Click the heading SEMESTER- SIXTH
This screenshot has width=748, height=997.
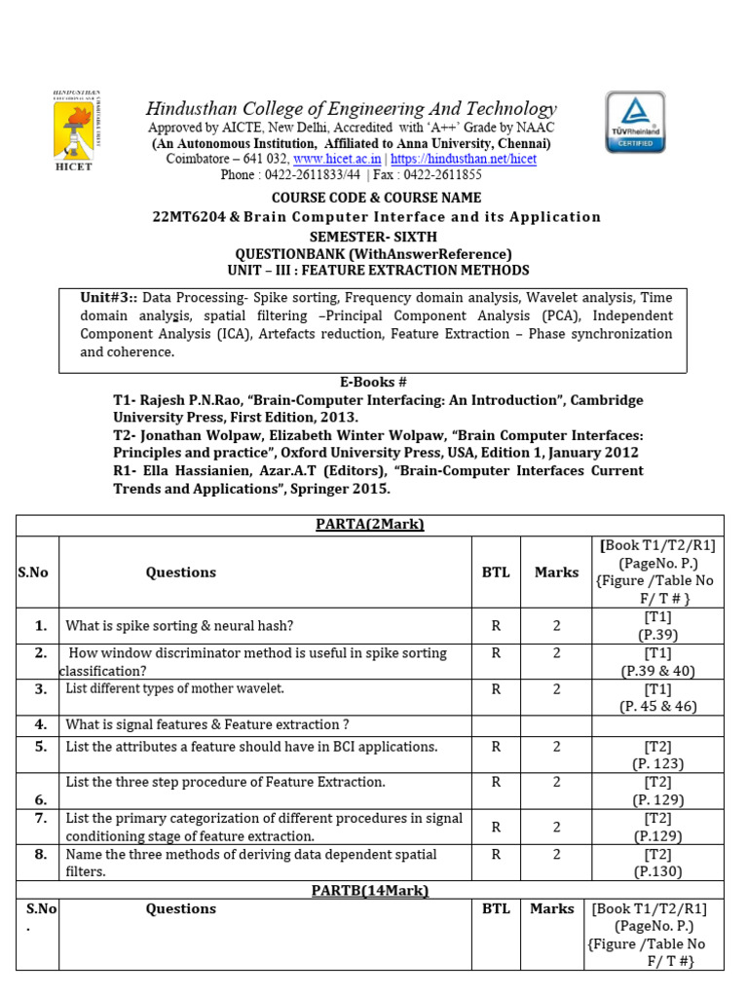[373, 237]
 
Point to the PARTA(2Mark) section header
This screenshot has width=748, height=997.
[369, 525]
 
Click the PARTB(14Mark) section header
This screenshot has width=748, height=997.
[369, 890]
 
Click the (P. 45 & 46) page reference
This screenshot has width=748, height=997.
[658, 707]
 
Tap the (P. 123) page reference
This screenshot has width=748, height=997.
[658, 764]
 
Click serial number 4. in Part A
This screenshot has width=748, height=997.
[40, 724]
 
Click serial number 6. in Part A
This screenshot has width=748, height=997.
[40, 798]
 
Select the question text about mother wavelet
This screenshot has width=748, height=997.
[175, 689]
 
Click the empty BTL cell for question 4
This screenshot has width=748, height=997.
[496, 725]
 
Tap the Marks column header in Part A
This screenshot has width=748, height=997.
[556, 572]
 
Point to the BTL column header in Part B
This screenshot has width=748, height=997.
[496, 908]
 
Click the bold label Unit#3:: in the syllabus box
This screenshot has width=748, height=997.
[109, 298]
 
